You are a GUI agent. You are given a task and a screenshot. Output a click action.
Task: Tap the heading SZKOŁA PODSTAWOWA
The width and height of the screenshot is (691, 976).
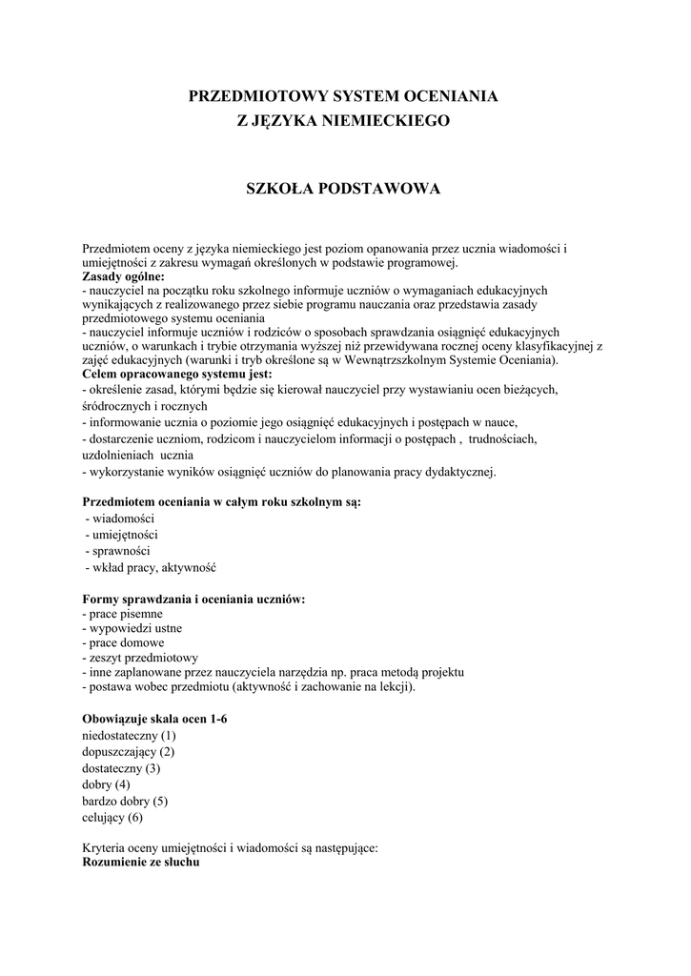click(x=344, y=189)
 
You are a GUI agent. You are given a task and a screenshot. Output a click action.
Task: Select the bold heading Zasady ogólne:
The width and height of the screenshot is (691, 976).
click(x=124, y=276)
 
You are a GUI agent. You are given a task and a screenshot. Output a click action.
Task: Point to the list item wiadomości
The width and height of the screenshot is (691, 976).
click(x=123, y=518)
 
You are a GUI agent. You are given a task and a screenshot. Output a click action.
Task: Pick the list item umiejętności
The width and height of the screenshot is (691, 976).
click(x=124, y=535)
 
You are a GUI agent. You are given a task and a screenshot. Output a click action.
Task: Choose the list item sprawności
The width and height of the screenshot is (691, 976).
click(x=119, y=551)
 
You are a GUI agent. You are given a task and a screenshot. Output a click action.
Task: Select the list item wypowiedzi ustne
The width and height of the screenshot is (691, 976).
click(x=132, y=629)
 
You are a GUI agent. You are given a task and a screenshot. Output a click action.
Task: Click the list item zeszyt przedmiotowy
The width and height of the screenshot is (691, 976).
click(x=140, y=659)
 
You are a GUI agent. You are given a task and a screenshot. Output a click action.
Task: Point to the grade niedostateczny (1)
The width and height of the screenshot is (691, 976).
click(x=129, y=736)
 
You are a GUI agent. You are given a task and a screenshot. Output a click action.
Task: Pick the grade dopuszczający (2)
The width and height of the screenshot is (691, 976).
click(x=129, y=752)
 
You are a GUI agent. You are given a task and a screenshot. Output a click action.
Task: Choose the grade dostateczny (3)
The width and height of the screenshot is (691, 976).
click(x=121, y=768)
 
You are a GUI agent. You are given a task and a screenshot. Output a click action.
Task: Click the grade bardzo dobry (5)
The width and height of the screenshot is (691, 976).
click(x=125, y=801)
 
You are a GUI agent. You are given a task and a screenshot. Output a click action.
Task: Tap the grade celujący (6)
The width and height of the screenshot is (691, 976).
click(x=112, y=817)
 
